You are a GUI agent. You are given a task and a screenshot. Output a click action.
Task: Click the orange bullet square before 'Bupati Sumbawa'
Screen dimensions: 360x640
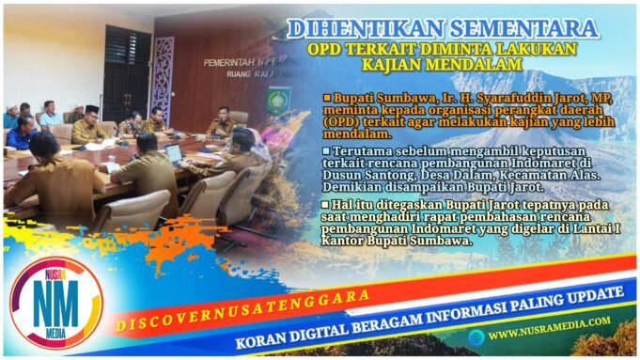coord(327,97)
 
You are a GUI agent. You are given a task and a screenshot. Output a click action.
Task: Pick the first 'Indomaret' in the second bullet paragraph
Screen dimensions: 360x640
coord(525,164)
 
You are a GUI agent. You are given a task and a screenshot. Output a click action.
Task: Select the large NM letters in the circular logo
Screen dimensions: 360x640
coord(54,301)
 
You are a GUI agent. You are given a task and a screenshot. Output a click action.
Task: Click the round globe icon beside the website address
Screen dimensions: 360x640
coord(477,336)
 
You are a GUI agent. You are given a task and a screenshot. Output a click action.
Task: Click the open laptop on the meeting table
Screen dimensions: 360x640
coord(174,153)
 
